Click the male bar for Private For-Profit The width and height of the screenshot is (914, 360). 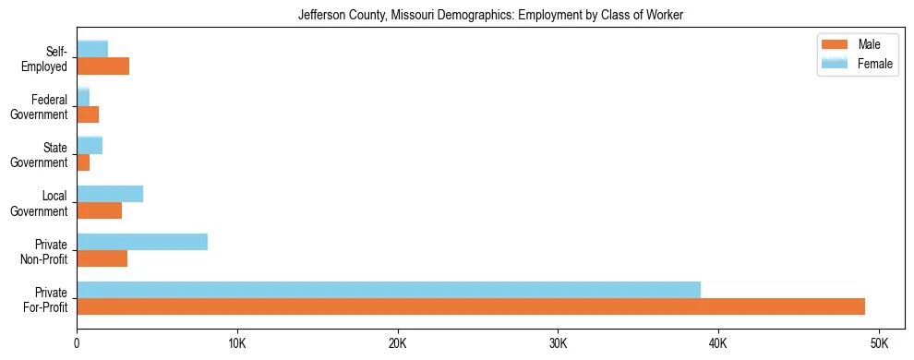471,306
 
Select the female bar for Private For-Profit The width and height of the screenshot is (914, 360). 389,290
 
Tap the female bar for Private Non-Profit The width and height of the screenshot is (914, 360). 142,242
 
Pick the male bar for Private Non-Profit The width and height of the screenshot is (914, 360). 102,258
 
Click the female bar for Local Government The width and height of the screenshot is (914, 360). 110,194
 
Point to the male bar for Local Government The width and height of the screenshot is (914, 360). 100,210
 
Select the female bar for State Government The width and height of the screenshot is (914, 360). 90,146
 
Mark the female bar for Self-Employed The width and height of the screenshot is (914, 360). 92,50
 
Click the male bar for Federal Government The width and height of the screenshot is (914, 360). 88,114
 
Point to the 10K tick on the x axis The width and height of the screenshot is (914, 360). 237,343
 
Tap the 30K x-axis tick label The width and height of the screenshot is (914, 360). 558,343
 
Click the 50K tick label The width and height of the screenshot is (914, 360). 879,343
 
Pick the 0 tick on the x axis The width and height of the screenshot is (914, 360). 77,343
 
